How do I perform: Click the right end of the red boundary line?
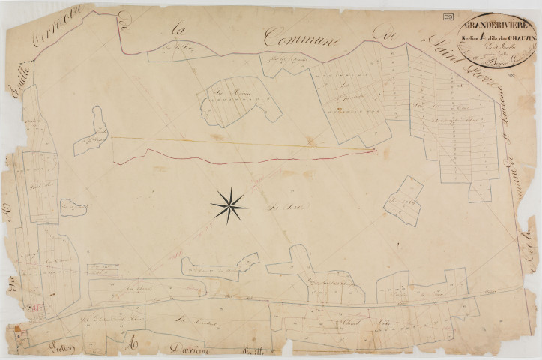374,150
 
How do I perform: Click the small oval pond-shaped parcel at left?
73,208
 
